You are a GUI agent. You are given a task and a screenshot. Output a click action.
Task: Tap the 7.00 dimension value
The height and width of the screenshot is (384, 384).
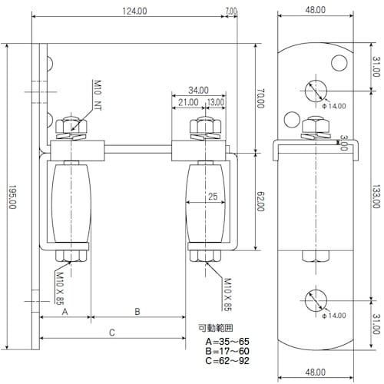coord(232,11)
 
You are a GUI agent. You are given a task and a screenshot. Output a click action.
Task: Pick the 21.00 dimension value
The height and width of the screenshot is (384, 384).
coord(187,101)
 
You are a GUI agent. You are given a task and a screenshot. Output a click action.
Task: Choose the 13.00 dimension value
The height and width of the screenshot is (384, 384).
coord(215,101)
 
